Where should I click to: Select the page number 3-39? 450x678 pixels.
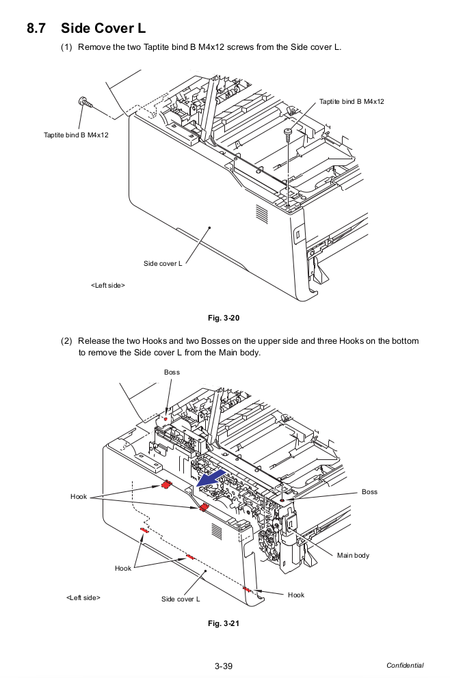224,666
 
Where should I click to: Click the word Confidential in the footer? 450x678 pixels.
404,666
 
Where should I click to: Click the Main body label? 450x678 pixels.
353,555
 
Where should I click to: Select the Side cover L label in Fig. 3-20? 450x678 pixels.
163,263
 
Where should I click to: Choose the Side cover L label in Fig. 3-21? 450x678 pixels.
181,599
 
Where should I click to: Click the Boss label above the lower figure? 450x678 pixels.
172,372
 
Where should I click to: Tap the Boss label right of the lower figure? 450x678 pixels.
369,492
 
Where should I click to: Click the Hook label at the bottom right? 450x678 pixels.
296,595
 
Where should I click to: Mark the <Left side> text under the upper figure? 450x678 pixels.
108,285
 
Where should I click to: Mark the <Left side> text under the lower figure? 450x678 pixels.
83,598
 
